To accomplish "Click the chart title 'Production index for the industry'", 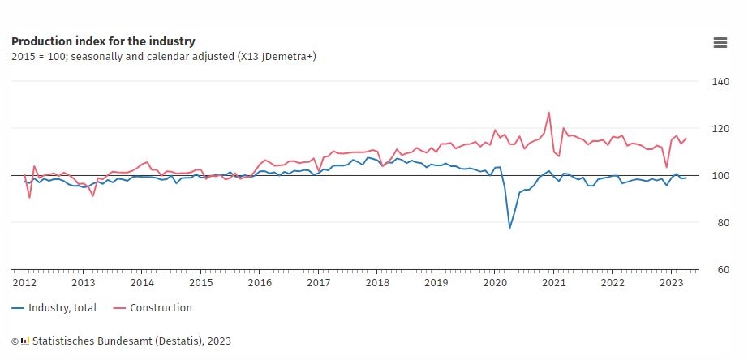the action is [x=103, y=41].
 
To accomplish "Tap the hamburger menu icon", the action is [x=720, y=43].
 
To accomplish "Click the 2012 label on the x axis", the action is [x=24, y=283].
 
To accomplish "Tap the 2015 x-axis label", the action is [x=201, y=283].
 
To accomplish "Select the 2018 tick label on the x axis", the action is [x=377, y=283].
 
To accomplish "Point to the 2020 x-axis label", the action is [x=495, y=283].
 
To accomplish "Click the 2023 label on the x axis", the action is [x=671, y=283].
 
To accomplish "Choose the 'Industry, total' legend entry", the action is [x=54, y=308].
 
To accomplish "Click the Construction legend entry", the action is [x=153, y=308].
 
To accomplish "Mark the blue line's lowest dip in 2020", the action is [x=509, y=229].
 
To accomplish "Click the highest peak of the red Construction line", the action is [x=548, y=113].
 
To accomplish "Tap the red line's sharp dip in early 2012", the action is [x=29, y=197].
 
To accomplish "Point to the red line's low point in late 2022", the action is [x=666, y=167].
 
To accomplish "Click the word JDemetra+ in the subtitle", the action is [x=289, y=57].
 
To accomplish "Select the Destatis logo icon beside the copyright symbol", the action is [x=25, y=341].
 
